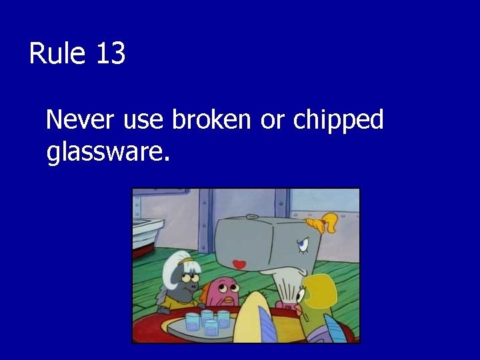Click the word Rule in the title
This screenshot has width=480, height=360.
57,54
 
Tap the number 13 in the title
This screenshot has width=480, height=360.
110,54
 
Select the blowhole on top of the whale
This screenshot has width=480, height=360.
251,216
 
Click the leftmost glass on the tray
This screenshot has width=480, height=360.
193,319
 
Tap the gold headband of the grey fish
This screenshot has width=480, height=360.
191,257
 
